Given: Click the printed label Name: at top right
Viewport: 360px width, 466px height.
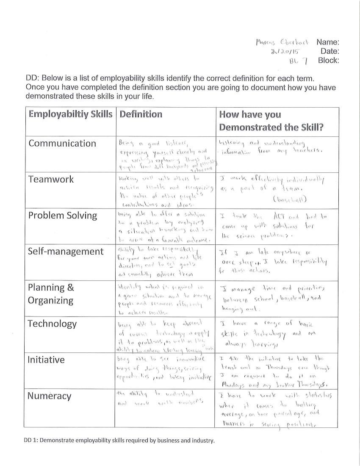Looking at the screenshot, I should tap(328, 42).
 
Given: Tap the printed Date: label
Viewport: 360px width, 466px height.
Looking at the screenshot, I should tap(330, 51).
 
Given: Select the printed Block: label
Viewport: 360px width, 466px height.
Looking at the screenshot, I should tap(329, 60).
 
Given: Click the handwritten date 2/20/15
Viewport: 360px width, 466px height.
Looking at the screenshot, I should tap(284, 52).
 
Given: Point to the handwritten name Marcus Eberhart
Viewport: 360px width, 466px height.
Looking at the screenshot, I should tap(283, 42).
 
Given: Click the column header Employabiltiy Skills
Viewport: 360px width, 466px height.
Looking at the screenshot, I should tap(70, 114).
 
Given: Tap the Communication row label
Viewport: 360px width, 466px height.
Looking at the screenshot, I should tap(62, 143).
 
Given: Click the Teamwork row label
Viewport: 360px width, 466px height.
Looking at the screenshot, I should tap(51, 179).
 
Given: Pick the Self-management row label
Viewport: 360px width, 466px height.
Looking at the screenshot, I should tap(66, 251).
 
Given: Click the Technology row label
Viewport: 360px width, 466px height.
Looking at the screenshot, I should tap(52, 324).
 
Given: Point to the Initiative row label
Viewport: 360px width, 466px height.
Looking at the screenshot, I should tap(46, 360).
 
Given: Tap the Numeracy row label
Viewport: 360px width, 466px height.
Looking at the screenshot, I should tap(49, 396).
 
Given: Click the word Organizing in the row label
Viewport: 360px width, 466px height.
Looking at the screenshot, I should tap(50, 300).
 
